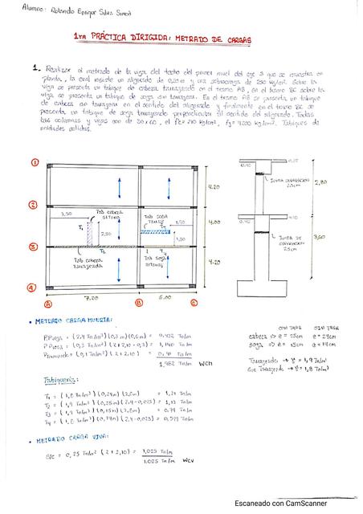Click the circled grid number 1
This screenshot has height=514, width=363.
pyautogui.click(x=35, y=161)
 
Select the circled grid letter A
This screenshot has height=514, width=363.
pyautogui.click(x=47, y=304)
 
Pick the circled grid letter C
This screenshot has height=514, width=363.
pyautogui.click(x=194, y=304)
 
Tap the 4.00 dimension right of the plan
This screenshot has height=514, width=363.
pyautogui.click(x=214, y=221)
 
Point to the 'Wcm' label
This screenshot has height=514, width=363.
pyautogui.click(x=204, y=363)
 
